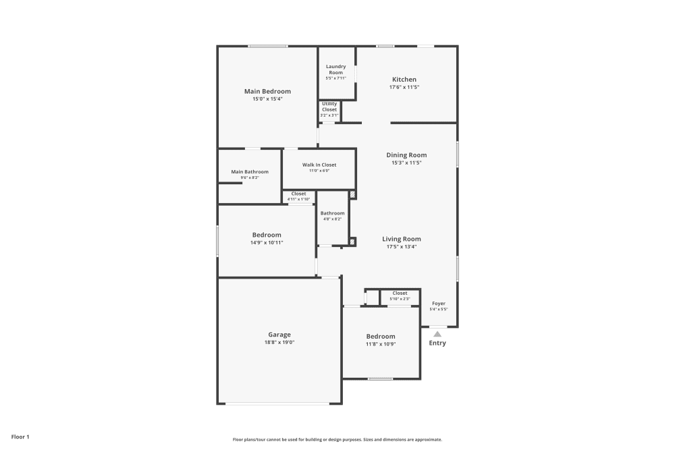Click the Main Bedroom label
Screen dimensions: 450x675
pyautogui.click(x=267, y=91)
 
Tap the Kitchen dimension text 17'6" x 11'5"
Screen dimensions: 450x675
pyautogui.click(x=404, y=88)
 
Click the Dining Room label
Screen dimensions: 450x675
pyautogui.click(x=406, y=154)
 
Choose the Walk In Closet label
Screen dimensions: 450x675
pyautogui.click(x=319, y=165)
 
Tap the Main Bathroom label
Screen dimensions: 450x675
pyautogui.click(x=250, y=171)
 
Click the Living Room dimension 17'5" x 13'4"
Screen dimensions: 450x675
pyautogui.click(x=402, y=247)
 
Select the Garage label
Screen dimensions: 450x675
pyautogui.click(x=279, y=335)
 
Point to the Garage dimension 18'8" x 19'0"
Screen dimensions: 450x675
pyautogui.click(x=279, y=343)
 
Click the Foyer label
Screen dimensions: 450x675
pyautogui.click(x=439, y=304)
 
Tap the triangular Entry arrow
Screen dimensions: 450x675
pyautogui.click(x=437, y=333)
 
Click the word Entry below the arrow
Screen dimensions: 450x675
pyautogui.click(x=437, y=343)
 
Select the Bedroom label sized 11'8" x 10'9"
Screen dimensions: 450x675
pyautogui.click(x=381, y=336)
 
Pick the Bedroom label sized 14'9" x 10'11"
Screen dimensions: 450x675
pyautogui.click(x=267, y=235)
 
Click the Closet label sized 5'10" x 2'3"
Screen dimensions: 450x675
pyautogui.click(x=400, y=293)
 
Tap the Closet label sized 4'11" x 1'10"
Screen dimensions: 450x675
pyautogui.click(x=298, y=194)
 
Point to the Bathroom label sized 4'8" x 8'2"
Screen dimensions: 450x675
pyautogui.click(x=332, y=213)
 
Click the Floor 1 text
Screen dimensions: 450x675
pyautogui.click(x=20, y=437)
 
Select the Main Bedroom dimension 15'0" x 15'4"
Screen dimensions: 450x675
pyautogui.click(x=267, y=99)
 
